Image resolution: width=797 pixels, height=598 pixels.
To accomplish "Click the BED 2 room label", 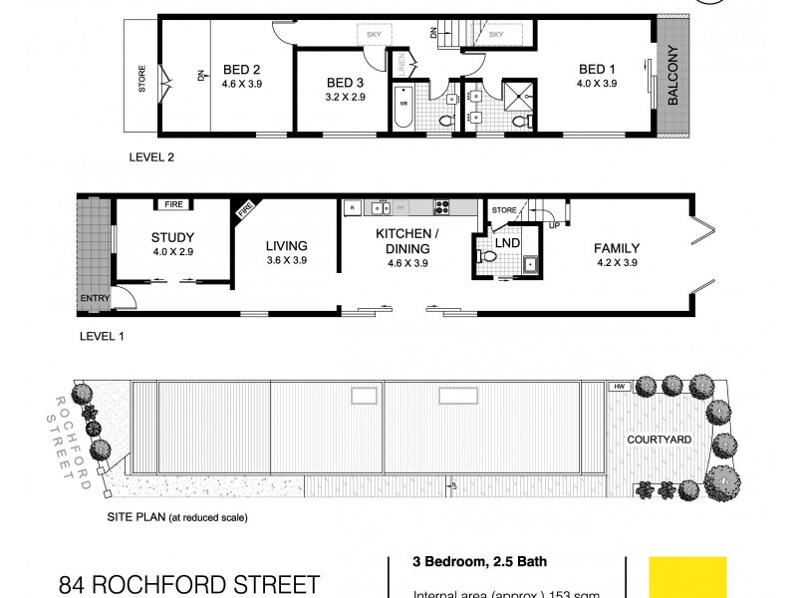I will tap(242, 69).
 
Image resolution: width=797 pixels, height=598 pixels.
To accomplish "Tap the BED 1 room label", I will tap(598, 69).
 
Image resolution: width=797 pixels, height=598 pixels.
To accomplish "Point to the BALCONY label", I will tap(673, 76).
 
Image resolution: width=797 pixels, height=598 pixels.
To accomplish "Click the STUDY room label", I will tap(172, 237).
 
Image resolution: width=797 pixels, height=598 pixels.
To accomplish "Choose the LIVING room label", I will tap(286, 246).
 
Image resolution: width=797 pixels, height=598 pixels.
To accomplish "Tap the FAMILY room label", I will tap(616, 248).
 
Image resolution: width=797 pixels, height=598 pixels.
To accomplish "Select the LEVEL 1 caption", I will tap(102, 336).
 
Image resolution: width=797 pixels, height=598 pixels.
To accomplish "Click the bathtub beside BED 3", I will tap(404, 111).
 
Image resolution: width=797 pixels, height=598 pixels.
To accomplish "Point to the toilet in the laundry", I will tap(488, 257).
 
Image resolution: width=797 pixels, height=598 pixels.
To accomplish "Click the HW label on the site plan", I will tap(620, 387).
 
